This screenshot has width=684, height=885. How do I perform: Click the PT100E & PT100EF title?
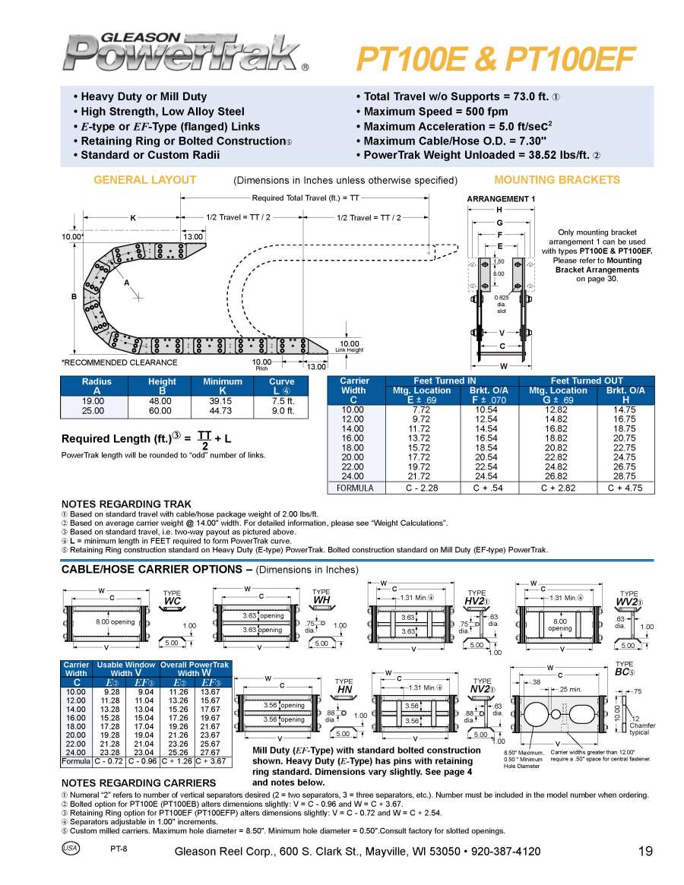[496, 58]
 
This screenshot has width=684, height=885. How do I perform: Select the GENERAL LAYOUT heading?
[144, 180]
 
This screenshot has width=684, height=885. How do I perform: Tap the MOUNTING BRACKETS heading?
[557, 180]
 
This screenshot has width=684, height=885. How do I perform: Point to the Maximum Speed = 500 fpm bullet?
[429, 112]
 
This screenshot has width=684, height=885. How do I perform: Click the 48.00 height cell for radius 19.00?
[162, 400]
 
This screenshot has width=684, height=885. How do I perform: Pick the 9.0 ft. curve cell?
[283, 410]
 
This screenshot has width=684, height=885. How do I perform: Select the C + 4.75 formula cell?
[625, 488]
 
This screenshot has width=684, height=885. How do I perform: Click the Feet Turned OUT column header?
[587, 381]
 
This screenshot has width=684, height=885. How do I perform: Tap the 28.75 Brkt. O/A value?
[625, 475]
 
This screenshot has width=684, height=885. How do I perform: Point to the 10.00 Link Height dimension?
[350, 345]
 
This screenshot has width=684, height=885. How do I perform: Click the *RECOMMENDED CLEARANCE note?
[119, 362]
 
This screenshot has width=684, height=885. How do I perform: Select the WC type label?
[173, 600]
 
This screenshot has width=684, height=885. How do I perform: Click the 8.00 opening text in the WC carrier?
[115, 622]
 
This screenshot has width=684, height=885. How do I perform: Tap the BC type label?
[624, 672]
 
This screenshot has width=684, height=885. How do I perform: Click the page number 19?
[645, 851]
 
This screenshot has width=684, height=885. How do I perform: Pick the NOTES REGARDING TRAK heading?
[126, 504]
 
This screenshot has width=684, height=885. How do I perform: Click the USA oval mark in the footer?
[71, 848]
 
